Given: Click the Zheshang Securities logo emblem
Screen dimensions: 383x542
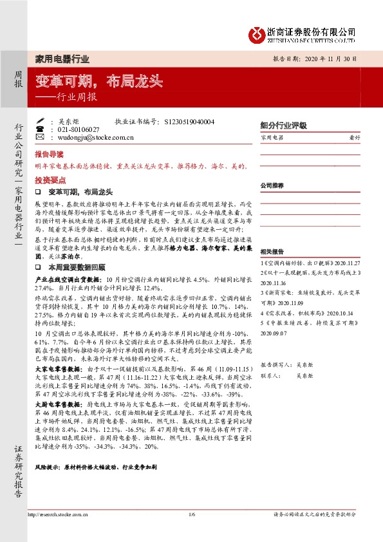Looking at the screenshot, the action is [258, 32].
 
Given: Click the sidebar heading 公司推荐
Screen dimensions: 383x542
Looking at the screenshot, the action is [272, 185].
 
